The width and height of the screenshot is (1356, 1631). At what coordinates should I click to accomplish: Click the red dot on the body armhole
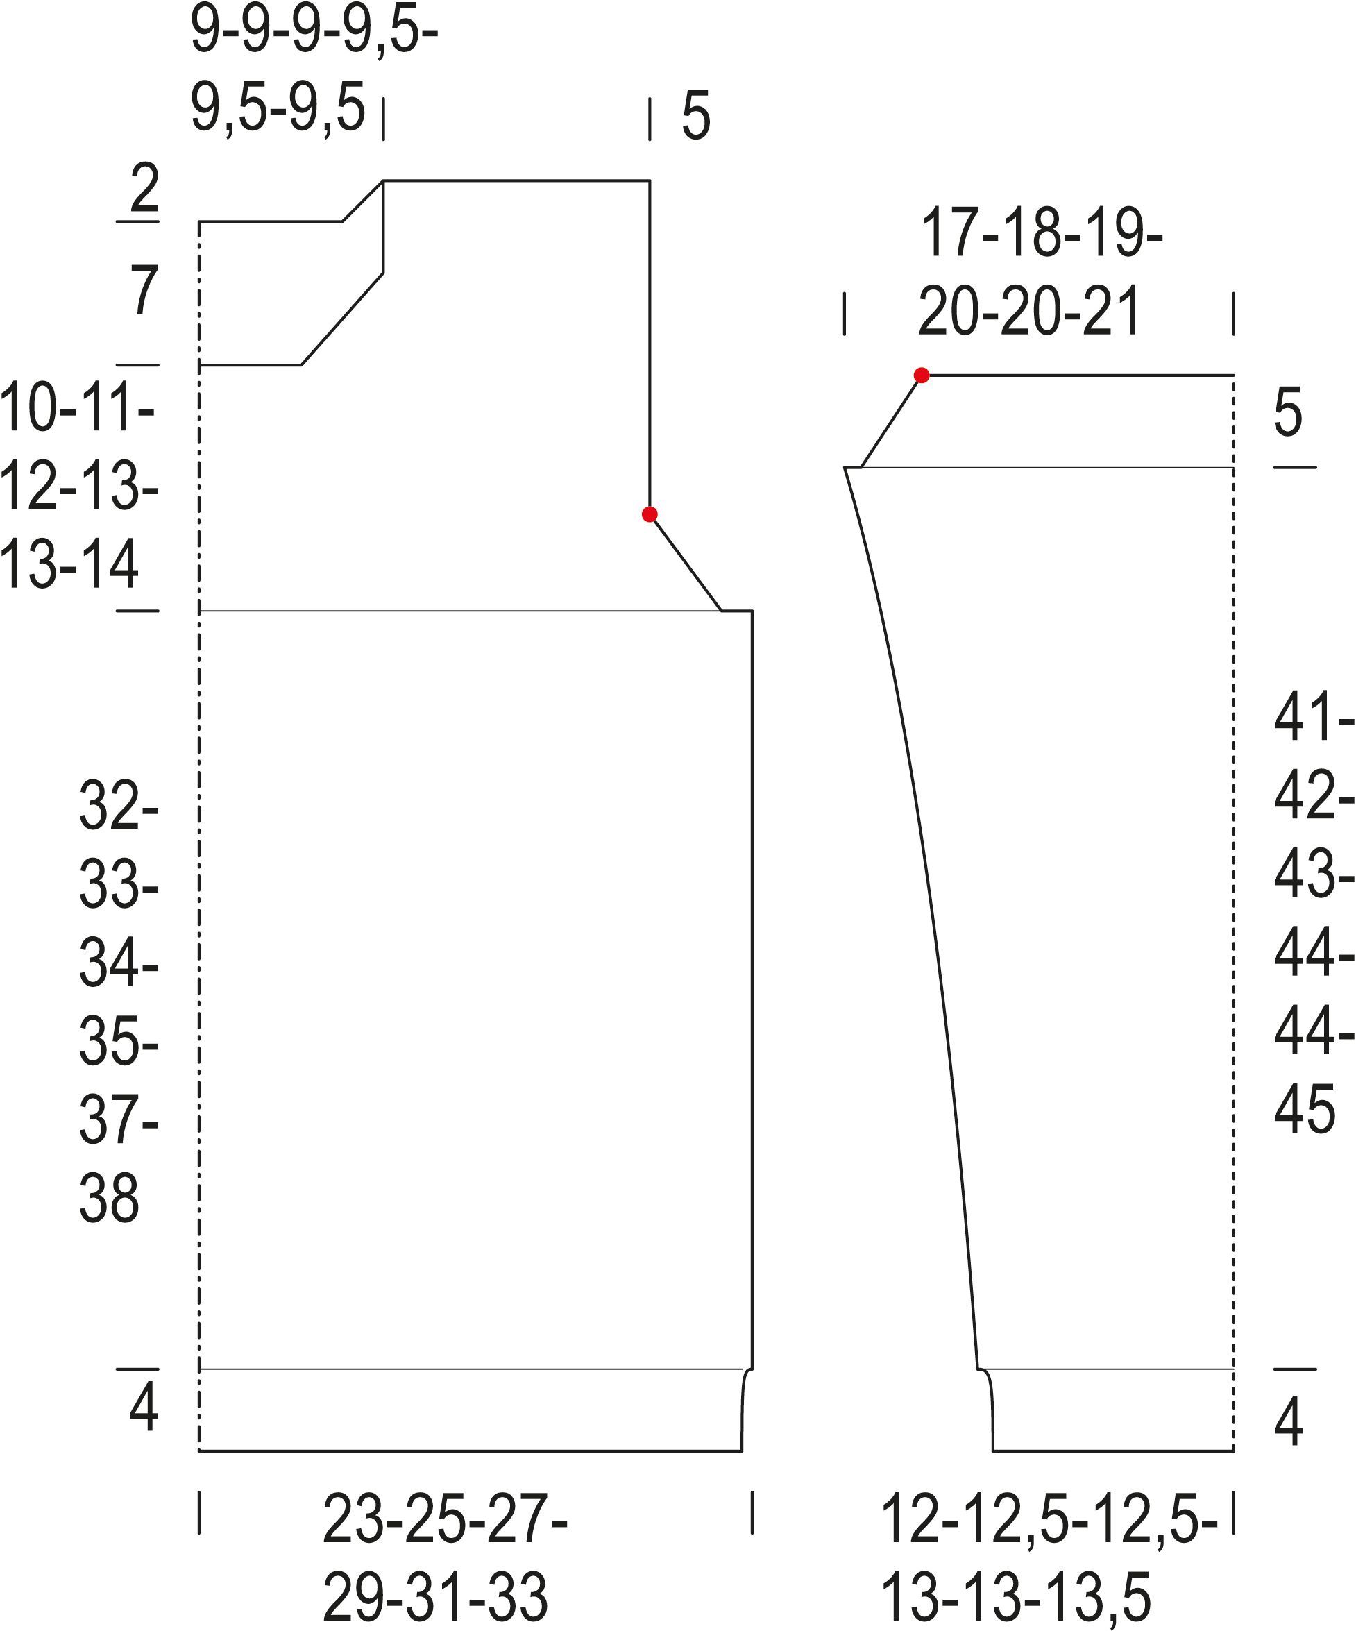click(650, 514)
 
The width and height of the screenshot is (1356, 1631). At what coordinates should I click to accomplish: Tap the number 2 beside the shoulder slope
click(145, 187)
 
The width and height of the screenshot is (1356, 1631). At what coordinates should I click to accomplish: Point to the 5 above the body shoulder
click(696, 116)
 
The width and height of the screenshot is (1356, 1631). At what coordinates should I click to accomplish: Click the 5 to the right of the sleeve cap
click(1288, 412)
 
